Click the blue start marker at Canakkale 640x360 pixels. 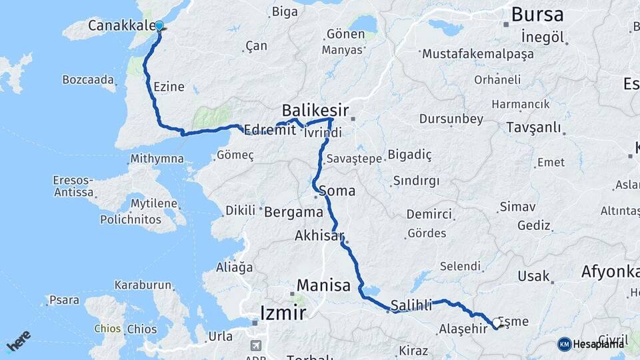159,27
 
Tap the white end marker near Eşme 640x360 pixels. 496,323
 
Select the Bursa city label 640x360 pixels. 537,15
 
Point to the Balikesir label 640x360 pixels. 315,109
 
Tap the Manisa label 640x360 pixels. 323,285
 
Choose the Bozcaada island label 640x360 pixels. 88,79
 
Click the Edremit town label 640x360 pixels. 270,130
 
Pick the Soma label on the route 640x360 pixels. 337,191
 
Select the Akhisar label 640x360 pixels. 319,236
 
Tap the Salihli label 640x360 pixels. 411,305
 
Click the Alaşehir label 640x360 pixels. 463,329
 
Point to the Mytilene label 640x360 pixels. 154,203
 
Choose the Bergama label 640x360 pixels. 293,213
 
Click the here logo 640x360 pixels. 18,341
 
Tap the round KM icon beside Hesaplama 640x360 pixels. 565,344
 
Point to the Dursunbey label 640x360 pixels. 451,119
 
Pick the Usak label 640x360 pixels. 534,276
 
